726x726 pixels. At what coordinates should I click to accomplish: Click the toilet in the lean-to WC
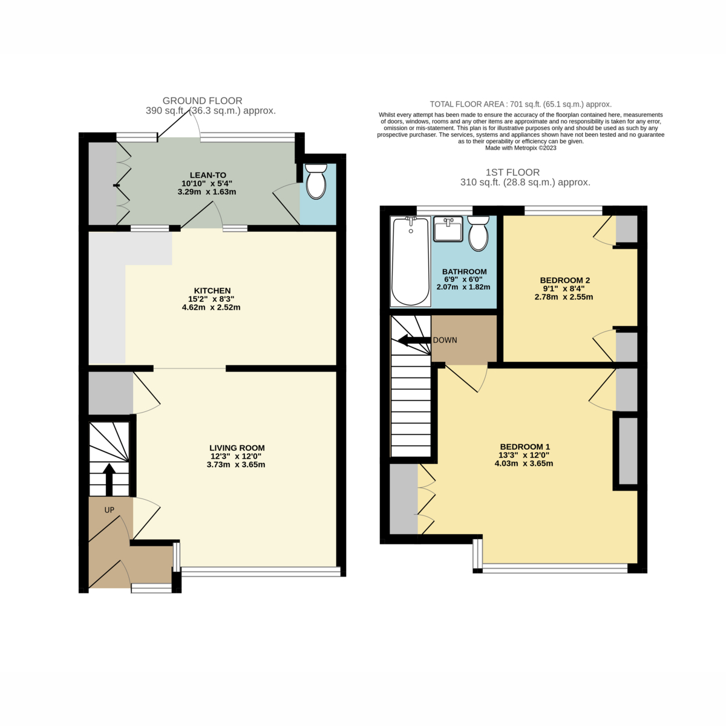[316, 181]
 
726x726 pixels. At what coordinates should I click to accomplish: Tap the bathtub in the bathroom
[410, 261]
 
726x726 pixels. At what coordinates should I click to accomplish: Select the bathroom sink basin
[448, 229]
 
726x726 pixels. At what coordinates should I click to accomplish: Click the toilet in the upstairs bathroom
[478, 233]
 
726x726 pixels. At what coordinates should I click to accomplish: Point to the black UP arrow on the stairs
[110, 479]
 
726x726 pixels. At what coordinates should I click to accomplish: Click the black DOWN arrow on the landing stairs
[414, 341]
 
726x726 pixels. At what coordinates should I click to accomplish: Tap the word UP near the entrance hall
[110, 510]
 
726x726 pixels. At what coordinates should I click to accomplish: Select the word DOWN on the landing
[445, 340]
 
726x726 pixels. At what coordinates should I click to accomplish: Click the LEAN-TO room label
[208, 175]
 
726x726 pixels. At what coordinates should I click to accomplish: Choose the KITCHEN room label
[212, 290]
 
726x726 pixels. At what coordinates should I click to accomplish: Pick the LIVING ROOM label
[237, 448]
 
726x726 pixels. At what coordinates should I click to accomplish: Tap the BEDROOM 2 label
[564, 280]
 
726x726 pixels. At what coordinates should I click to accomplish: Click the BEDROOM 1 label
[525, 447]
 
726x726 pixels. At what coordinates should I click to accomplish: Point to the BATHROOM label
[464, 272]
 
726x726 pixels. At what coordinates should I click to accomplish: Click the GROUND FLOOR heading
[202, 100]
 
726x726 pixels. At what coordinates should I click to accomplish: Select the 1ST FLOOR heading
[512, 172]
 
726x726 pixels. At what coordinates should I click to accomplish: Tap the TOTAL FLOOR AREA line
[521, 104]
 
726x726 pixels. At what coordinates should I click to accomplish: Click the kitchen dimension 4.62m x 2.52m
[211, 307]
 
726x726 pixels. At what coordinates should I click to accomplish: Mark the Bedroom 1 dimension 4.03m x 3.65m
[524, 463]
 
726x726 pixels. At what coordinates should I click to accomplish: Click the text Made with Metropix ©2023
[521, 148]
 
